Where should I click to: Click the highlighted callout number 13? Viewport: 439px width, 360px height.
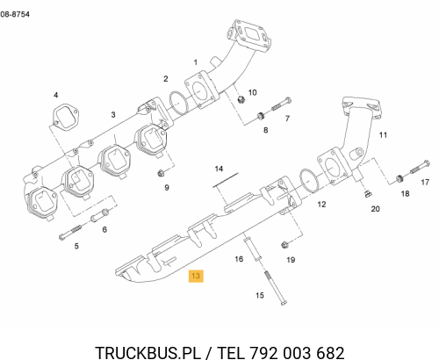coord(196,276)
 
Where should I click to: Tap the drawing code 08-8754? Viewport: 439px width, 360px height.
coord(15,14)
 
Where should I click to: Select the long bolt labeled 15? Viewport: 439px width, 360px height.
coord(276,288)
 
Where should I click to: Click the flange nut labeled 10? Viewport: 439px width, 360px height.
coord(241,99)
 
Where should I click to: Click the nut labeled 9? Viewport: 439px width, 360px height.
coord(161,173)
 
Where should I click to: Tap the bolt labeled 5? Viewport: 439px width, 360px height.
coord(70,232)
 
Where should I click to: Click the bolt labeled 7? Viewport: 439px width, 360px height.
coord(281,104)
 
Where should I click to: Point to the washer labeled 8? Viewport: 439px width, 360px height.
coord(260,116)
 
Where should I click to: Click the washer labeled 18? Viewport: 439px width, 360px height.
coord(399,178)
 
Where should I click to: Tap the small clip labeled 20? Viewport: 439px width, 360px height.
coord(368,193)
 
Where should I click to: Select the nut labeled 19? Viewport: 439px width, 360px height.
coord(284,244)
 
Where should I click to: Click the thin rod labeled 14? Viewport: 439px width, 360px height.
coord(226,180)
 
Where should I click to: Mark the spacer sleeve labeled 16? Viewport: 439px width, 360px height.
coord(252,248)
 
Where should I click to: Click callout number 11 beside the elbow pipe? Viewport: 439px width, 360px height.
coord(383,135)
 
